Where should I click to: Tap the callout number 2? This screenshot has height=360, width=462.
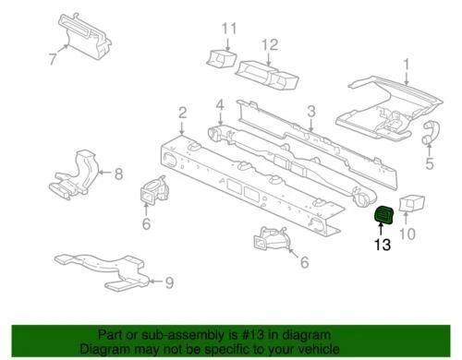click(x=183, y=113)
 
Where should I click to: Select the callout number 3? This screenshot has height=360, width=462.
click(x=311, y=113)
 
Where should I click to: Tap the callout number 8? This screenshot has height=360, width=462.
click(x=117, y=172)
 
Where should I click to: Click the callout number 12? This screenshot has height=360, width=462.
click(x=269, y=44)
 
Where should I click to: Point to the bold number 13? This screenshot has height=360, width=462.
click(x=382, y=246)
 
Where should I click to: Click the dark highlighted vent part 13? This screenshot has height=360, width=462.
click(x=382, y=218)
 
